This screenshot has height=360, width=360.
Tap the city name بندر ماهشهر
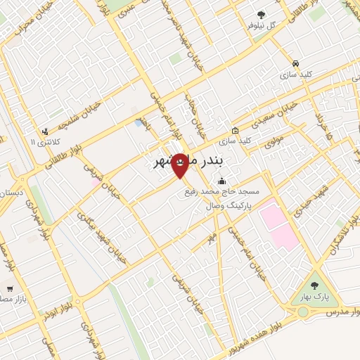(x=188, y=162)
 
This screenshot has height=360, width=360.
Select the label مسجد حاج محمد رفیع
(x=221, y=191)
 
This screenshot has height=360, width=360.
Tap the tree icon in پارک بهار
(x=314, y=285)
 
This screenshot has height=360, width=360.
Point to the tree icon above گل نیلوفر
(x=262, y=14)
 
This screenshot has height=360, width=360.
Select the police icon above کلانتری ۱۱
(x=45, y=131)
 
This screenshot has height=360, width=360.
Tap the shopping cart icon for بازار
(x=10, y=288)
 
